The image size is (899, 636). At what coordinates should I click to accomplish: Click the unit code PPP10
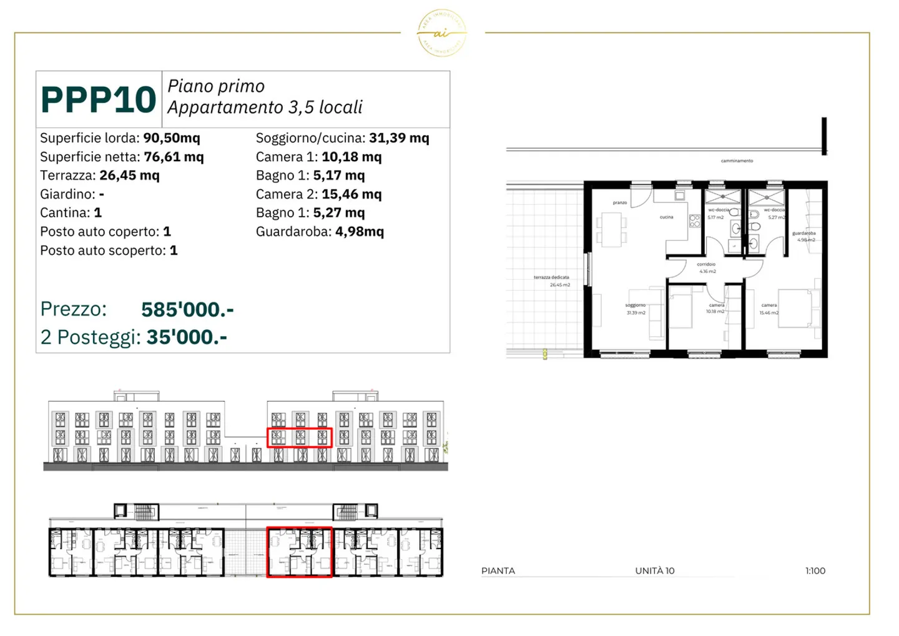click(x=98, y=100)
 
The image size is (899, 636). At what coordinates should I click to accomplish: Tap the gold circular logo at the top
click(x=441, y=33)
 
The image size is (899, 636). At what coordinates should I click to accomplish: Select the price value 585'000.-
click(x=187, y=309)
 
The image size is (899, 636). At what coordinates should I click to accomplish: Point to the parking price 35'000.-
click(x=187, y=337)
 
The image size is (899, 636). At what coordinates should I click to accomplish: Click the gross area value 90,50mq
click(x=172, y=138)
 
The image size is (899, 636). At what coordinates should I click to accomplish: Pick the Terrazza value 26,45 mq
click(x=129, y=176)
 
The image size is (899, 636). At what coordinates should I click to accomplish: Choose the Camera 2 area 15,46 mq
click(x=351, y=194)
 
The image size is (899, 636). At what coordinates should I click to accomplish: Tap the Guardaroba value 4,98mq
click(x=360, y=232)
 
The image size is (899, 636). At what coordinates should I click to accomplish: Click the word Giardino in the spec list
click(x=67, y=194)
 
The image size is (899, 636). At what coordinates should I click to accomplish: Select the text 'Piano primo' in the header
click(x=216, y=86)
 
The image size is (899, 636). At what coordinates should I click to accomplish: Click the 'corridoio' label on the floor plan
click(x=706, y=264)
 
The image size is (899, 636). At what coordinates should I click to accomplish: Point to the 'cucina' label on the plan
click(x=666, y=217)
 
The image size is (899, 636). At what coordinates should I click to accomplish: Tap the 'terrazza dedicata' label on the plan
click(x=551, y=277)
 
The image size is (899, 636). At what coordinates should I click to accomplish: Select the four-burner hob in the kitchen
click(x=694, y=221)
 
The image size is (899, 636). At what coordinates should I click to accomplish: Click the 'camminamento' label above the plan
click(x=737, y=161)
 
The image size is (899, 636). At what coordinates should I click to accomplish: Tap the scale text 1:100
click(x=815, y=571)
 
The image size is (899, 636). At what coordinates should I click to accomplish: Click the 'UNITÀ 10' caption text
click(x=654, y=571)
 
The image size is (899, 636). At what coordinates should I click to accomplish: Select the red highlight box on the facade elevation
click(x=300, y=437)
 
